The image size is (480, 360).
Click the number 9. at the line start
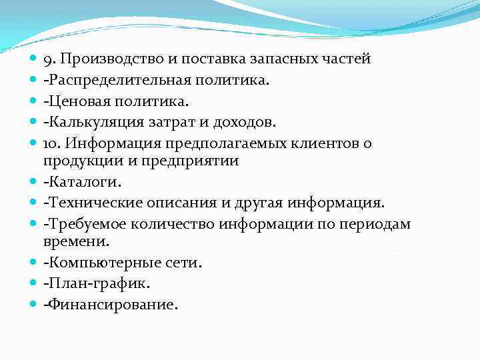point(49,59)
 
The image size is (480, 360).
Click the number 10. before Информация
point(52,143)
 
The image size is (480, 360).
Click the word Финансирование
point(111,305)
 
